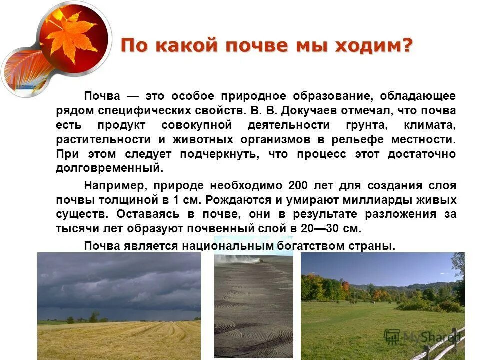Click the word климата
(x=432, y=125)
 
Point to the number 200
(x=299, y=186)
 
